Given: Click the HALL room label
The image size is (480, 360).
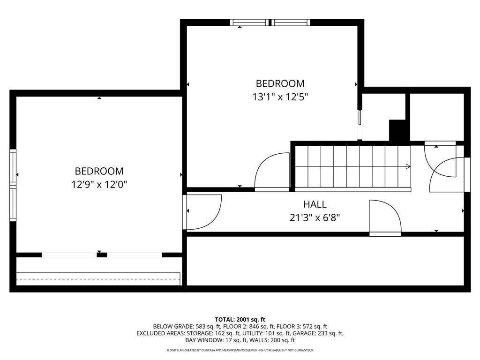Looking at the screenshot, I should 315,204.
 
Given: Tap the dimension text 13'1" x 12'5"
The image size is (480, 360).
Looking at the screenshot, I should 280,97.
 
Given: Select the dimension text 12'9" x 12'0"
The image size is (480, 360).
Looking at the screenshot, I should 99,185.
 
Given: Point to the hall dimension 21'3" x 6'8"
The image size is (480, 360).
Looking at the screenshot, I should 315,217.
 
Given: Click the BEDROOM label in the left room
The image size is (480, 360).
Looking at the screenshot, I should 99,171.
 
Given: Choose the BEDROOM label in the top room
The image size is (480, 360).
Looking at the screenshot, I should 280,83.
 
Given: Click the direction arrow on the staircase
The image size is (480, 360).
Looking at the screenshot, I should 408,166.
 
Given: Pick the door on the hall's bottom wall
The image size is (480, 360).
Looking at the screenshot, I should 385,217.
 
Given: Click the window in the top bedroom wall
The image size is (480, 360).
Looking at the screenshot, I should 270,22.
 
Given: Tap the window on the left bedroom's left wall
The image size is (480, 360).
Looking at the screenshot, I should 13,185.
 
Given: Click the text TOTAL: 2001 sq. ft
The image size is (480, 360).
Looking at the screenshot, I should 240,319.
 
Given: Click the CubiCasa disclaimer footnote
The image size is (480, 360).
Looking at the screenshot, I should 240,350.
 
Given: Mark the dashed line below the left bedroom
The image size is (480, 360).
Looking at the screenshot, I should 98,279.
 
